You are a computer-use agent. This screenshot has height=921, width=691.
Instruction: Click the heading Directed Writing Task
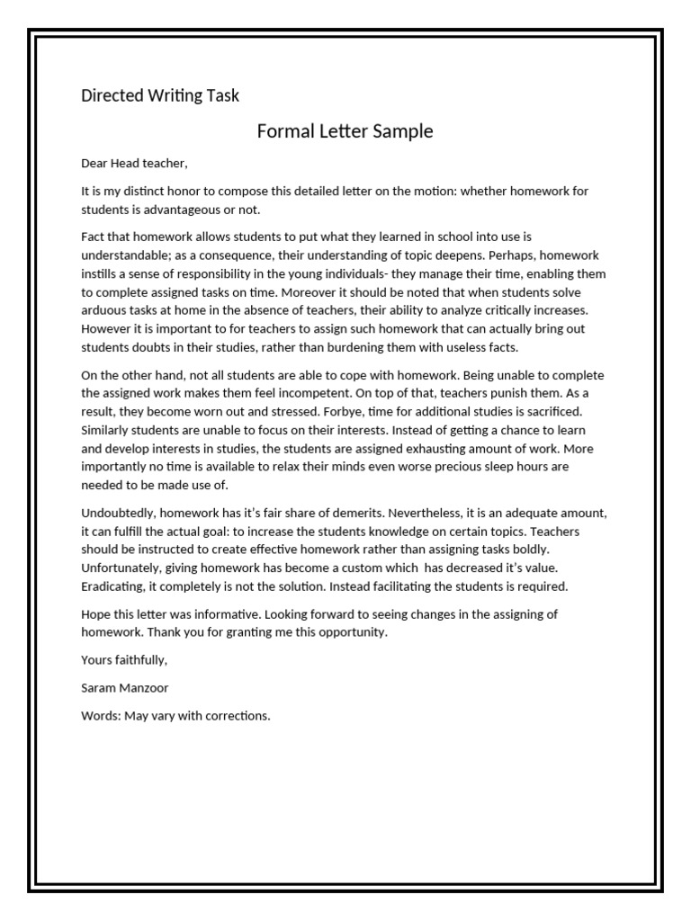pyautogui.click(x=160, y=94)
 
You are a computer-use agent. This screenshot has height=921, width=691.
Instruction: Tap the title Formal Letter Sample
pyautogui.click(x=345, y=131)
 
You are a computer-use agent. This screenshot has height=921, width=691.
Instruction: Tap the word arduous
pyautogui.click(x=104, y=311)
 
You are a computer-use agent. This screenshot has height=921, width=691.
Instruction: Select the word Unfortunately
pyautogui.click(x=123, y=568)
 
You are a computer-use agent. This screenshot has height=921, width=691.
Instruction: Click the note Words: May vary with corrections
pyautogui.click(x=175, y=717)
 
